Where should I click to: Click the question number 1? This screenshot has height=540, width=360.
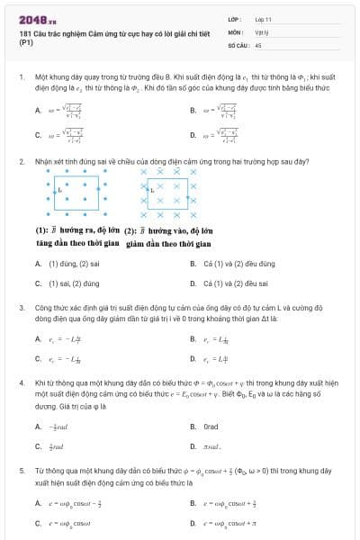click(x=21, y=78)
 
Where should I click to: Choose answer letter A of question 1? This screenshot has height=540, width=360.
click(x=38, y=111)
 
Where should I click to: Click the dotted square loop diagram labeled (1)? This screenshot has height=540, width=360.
click(x=76, y=191)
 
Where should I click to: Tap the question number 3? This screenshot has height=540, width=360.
click(x=21, y=308)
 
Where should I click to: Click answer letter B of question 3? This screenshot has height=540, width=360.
click(x=193, y=339)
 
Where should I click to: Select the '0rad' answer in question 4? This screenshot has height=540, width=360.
click(x=211, y=426)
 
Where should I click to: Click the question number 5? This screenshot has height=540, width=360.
click(x=21, y=470)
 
